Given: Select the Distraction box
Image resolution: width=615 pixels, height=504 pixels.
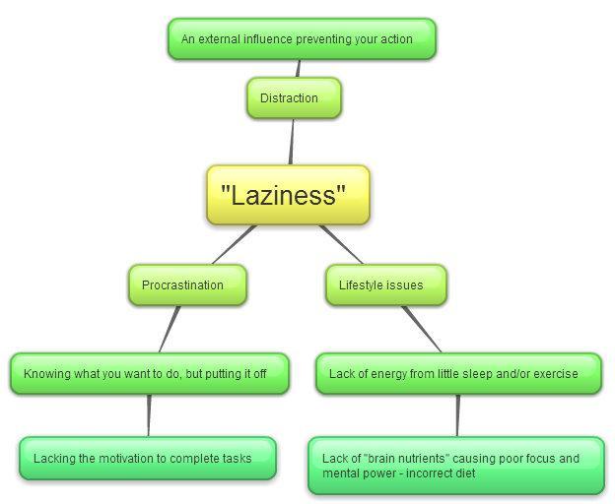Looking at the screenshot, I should click(293, 98).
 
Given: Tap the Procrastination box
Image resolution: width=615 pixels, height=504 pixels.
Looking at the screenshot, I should click(187, 285).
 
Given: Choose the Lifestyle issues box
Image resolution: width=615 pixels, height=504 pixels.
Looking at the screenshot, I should click(385, 285).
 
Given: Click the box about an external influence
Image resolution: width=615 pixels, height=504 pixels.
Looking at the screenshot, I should click(301, 39).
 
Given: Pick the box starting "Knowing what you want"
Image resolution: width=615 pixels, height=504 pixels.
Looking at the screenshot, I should click(150, 374).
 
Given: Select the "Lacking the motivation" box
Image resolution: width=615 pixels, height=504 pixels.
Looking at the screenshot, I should click(148, 459).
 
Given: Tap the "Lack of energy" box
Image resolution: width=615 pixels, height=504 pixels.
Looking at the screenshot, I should click(458, 374).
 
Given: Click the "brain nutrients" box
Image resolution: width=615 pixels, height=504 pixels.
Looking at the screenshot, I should click(455, 466).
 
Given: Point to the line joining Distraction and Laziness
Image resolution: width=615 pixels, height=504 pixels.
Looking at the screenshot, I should click(292, 142).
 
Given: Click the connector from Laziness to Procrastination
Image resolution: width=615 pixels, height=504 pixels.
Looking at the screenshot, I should click(234, 245).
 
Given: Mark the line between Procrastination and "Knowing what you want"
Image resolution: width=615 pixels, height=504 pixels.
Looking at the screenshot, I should click(170, 329).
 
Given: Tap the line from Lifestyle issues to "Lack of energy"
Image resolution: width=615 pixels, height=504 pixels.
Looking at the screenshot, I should click(421, 328).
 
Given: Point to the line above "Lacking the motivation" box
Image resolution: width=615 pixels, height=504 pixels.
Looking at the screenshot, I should click(149, 415).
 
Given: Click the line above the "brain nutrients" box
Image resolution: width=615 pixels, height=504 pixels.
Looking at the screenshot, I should click(457, 415).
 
